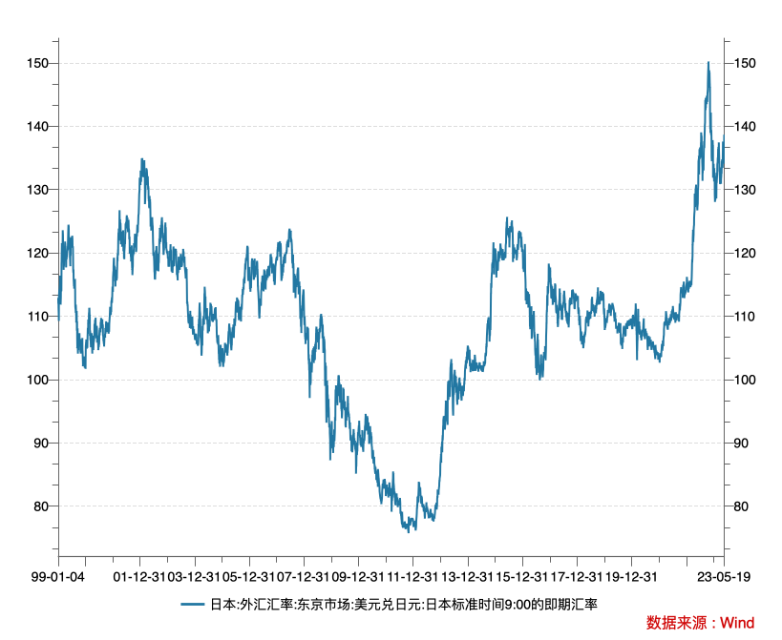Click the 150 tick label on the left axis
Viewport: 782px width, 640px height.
tap(38, 63)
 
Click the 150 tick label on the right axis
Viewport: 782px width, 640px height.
tap(745, 63)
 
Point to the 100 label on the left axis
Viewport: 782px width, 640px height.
tap(38, 380)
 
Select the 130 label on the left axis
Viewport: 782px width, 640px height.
tap(38, 190)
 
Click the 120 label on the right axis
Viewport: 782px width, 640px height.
tap(745, 253)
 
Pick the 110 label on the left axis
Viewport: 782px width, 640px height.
tap(38, 317)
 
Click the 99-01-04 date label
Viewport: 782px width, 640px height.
tap(58, 577)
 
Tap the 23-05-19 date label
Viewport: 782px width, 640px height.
tap(723, 577)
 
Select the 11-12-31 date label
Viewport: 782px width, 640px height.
tap(412, 577)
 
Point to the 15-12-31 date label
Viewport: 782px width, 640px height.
tap(521, 577)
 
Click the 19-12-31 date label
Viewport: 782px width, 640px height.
tap(631, 577)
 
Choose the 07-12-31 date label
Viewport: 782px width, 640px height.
tap(304, 577)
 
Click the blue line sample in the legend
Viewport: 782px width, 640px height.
tap(193, 604)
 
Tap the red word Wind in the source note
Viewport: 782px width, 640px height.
tap(736, 623)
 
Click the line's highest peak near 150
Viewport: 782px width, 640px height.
tap(708, 62)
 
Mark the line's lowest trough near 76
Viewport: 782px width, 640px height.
tap(408, 530)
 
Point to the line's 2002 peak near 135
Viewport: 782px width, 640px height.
tap(142, 159)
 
